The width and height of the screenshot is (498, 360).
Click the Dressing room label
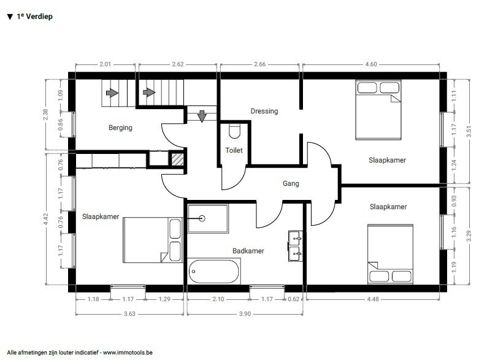[x=264, y=111]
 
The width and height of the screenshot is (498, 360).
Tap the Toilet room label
[x=234, y=150]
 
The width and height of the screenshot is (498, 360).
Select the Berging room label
[x=120, y=128]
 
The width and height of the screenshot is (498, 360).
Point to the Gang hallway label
[x=291, y=183]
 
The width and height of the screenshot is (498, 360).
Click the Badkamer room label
[x=248, y=251]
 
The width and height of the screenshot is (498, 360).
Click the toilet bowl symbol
[x=234, y=131]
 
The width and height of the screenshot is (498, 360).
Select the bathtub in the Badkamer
[x=214, y=272]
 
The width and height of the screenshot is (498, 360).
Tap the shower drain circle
[x=202, y=218]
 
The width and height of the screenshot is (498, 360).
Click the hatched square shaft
[x=177, y=159]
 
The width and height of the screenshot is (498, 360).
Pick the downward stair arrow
[x=202, y=116]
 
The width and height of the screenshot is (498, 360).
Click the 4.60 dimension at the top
[x=371, y=64]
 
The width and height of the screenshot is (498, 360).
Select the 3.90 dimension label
[x=245, y=314]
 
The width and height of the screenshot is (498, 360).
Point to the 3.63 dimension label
[x=129, y=314]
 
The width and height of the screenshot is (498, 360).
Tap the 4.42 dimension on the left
[x=45, y=219]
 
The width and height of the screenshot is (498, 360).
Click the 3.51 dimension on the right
[x=469, y=131]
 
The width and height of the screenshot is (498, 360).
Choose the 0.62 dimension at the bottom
[x=294, y=299]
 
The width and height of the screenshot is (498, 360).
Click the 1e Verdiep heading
[x=30, y=17]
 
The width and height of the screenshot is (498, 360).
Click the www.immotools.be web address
[x=128, y=353]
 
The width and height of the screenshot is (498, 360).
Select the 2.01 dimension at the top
[x=105, y=64]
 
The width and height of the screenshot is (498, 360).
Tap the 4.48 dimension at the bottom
[x=373, y=299]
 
